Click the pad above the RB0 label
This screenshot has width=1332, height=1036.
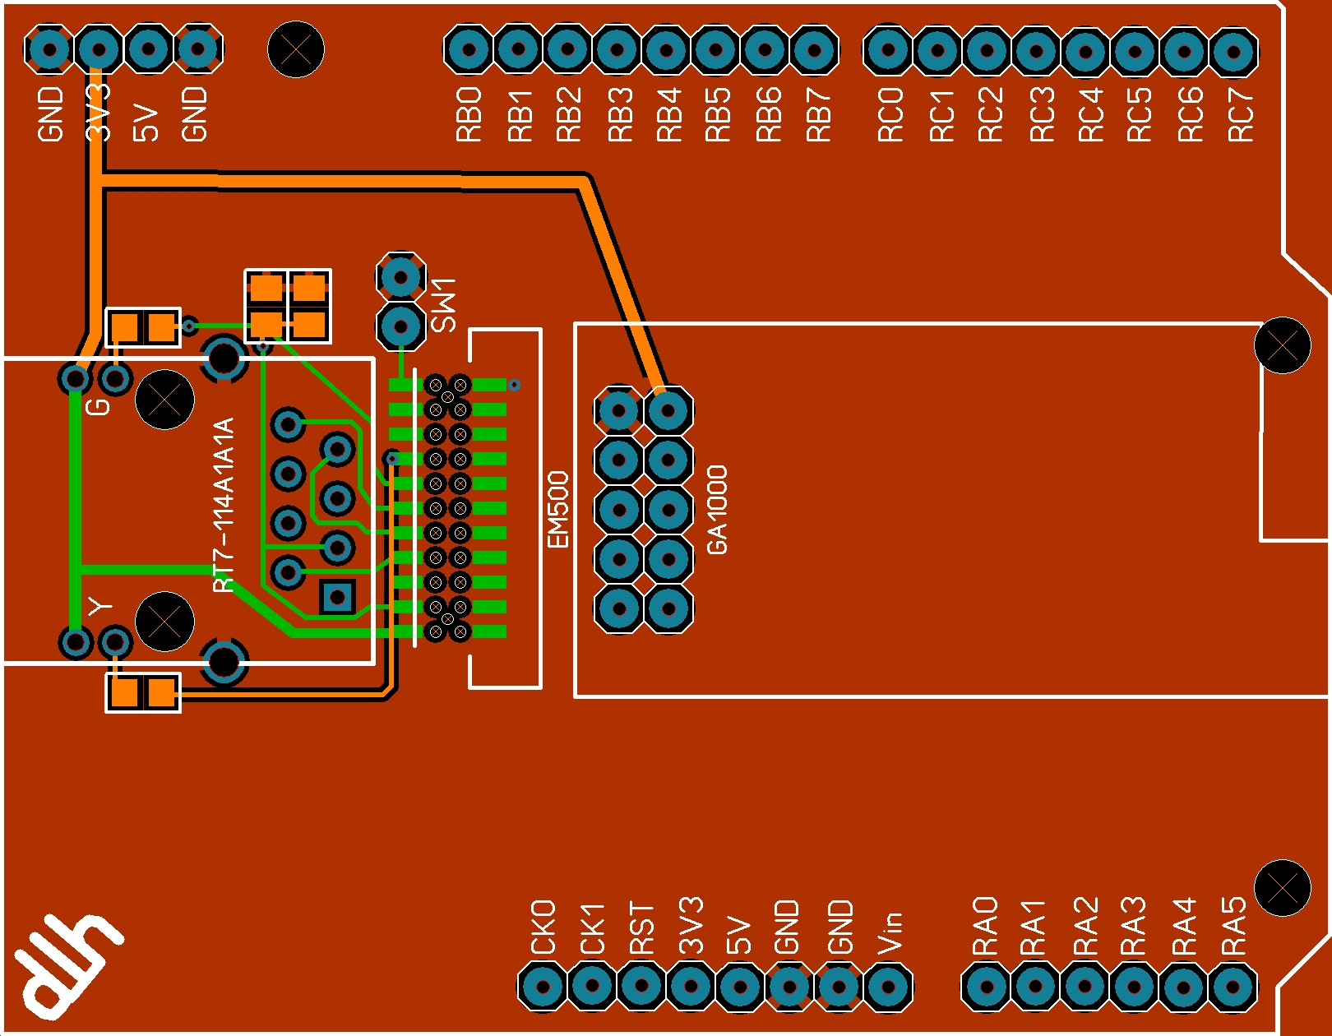469,49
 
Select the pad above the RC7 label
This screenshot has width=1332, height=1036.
1233,51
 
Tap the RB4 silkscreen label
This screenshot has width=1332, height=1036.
669,115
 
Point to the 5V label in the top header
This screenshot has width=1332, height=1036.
146,122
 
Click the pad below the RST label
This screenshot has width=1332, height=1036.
641,987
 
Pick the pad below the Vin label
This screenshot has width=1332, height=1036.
888,987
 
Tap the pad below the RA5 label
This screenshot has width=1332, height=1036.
1232,987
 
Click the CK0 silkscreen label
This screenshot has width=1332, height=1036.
543,927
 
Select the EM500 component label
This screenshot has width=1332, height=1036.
558,510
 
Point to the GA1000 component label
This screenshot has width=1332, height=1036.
717,510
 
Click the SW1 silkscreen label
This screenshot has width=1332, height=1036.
443,304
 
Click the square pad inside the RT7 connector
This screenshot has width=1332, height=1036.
337,597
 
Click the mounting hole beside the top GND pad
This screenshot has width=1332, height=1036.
296,49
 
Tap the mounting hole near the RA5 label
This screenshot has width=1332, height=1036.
1282,887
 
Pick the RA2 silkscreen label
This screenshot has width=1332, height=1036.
1085,927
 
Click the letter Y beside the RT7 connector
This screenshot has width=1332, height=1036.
100,607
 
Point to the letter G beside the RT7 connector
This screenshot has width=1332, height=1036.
99,406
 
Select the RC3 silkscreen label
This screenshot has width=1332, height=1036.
1042,115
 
